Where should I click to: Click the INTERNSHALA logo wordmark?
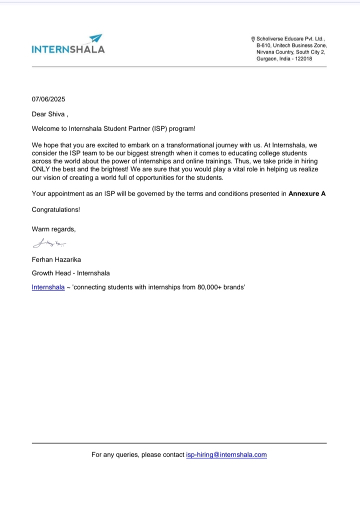68,49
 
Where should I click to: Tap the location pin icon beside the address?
253,38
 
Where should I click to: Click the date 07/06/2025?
48,99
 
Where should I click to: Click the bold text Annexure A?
307,193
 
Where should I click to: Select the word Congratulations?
56,209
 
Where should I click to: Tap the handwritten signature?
49,244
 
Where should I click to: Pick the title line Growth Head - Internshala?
70,273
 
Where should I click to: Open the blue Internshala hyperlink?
48,287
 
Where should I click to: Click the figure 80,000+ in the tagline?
209,287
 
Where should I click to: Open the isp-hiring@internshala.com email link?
226,454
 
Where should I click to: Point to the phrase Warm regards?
53,229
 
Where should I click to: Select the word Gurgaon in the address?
267,58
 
